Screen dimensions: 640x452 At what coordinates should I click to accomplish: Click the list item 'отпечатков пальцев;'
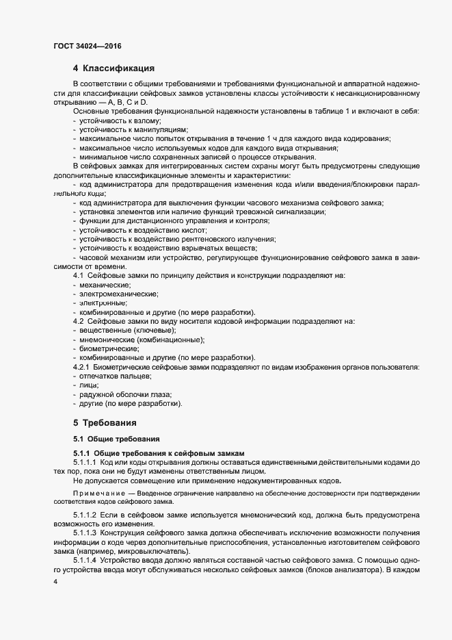pos(116,376)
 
